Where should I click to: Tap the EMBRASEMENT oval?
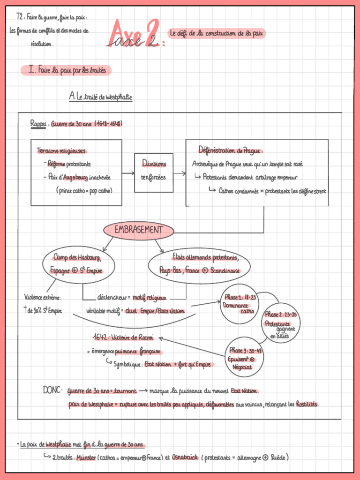138,230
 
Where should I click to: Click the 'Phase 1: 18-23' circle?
240,304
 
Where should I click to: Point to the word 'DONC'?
52,390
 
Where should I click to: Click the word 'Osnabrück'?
185,457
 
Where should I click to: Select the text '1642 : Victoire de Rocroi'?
123,337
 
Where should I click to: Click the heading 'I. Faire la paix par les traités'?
66,70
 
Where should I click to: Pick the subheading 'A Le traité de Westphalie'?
100,97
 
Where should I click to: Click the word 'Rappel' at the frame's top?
38,123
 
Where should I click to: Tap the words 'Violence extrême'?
43,297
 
